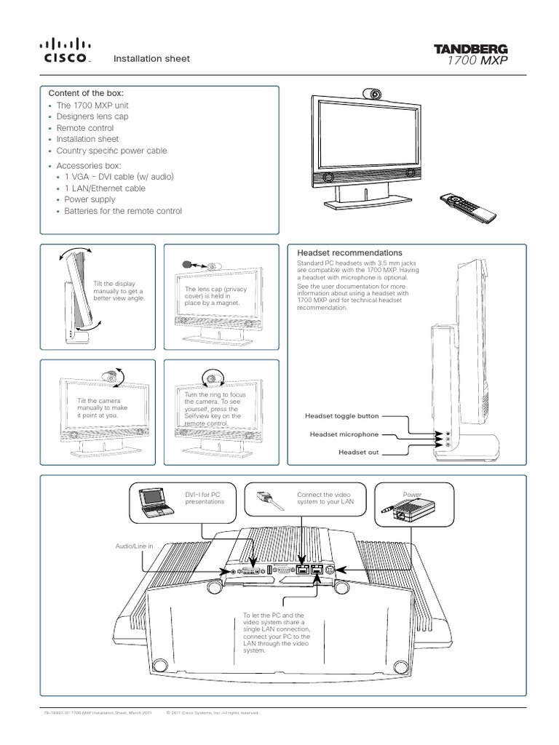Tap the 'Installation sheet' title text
click(x=151, y=59)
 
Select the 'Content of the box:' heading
click(x=86, y=93)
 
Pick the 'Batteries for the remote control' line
click(x=123, y=212)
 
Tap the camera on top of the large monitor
click(x=372, y=94)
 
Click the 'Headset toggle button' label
click(x=344, y=417)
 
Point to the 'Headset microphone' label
click(x=344, y=434)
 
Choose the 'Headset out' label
click(x=359, y=452)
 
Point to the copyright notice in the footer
click(x=213, y=713)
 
